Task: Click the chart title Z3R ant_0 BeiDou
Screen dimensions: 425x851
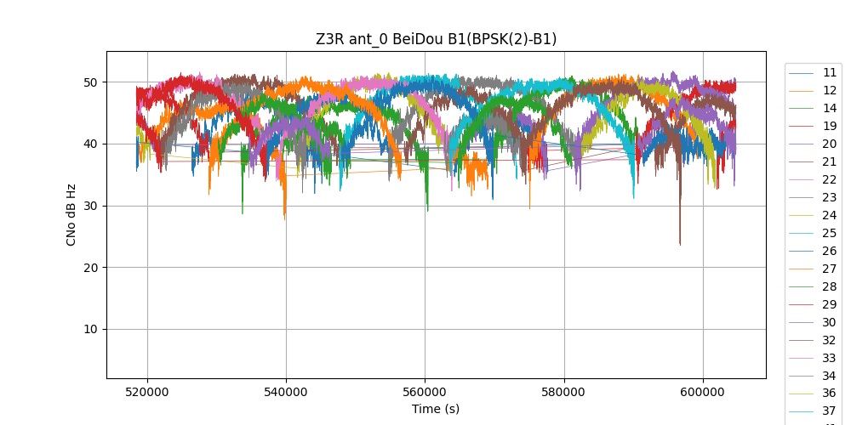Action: click(436, 39)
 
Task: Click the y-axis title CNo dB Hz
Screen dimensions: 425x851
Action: click(71, 214)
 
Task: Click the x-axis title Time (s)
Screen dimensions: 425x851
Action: click(436, 409)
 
